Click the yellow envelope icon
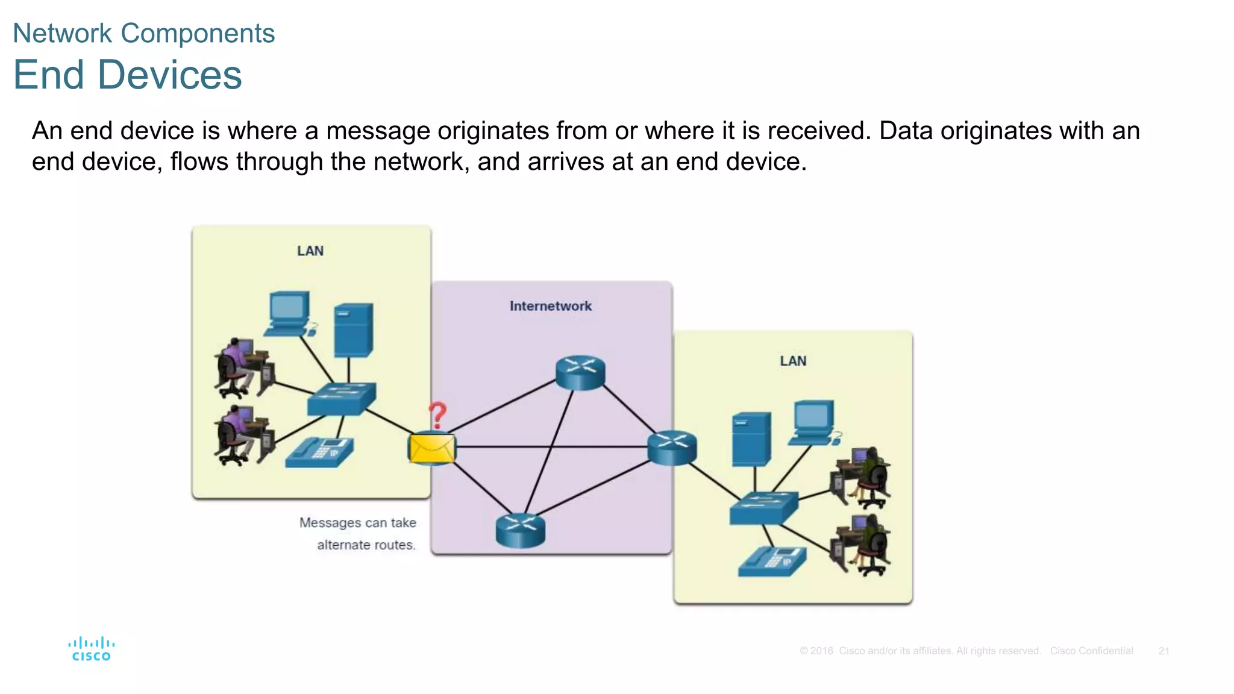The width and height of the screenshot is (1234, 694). (431, 448)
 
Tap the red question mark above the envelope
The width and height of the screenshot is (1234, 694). (437, 415)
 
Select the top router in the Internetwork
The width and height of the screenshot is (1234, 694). (580, 372)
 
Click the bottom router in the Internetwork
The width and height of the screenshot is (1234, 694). (520, 530)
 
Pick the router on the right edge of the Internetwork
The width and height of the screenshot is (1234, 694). (672, 448)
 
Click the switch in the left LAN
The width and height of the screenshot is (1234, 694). (341, 398)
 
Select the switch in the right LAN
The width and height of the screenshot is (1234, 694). (763, 507)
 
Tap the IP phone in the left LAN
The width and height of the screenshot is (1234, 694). (319, 453)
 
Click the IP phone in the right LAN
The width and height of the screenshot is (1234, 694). (772, 561)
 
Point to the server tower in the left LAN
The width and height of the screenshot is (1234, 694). (353, 330)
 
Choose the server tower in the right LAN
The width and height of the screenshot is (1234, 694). (751, 439)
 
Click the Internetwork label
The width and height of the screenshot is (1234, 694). (550, 306)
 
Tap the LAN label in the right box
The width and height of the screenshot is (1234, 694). (792, 361)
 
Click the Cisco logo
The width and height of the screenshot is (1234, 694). (91, 649)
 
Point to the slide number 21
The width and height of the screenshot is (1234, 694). (1164, 651)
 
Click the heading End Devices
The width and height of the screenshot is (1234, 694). (127, 75)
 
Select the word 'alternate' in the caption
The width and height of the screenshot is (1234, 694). (343, 545)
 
